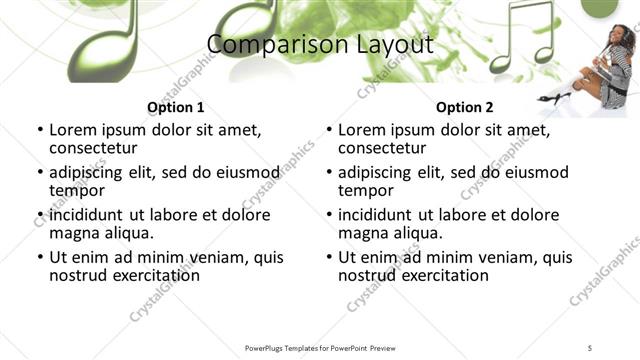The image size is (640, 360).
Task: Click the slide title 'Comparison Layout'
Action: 320,45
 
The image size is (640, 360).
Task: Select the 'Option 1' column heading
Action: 175,107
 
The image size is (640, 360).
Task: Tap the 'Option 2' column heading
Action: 464,107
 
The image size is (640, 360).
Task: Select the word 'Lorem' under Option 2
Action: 363,130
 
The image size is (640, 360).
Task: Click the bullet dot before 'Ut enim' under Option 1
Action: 39,258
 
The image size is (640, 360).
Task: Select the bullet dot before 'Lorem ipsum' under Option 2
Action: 328,130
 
